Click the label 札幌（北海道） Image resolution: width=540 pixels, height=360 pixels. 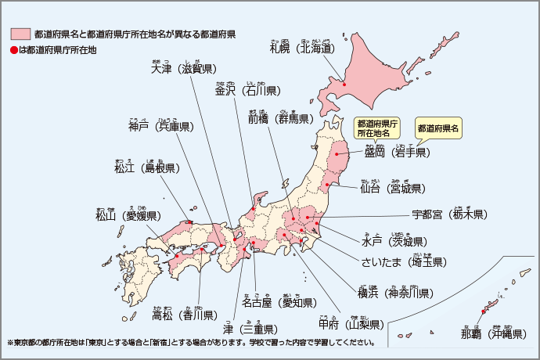302,49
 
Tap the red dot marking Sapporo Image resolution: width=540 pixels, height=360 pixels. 343,80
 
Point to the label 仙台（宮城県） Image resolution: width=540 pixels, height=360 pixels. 392,189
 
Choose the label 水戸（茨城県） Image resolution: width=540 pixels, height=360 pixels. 394,241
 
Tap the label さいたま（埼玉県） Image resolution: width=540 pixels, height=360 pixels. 403,261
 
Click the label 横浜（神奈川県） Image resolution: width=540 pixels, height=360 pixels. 395,293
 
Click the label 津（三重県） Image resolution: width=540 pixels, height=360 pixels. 250,329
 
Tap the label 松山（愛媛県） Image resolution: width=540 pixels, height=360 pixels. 128,215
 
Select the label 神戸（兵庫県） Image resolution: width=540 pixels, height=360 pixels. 161,126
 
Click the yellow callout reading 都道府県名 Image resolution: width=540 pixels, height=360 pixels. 438,128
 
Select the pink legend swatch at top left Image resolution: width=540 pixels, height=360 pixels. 20,34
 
